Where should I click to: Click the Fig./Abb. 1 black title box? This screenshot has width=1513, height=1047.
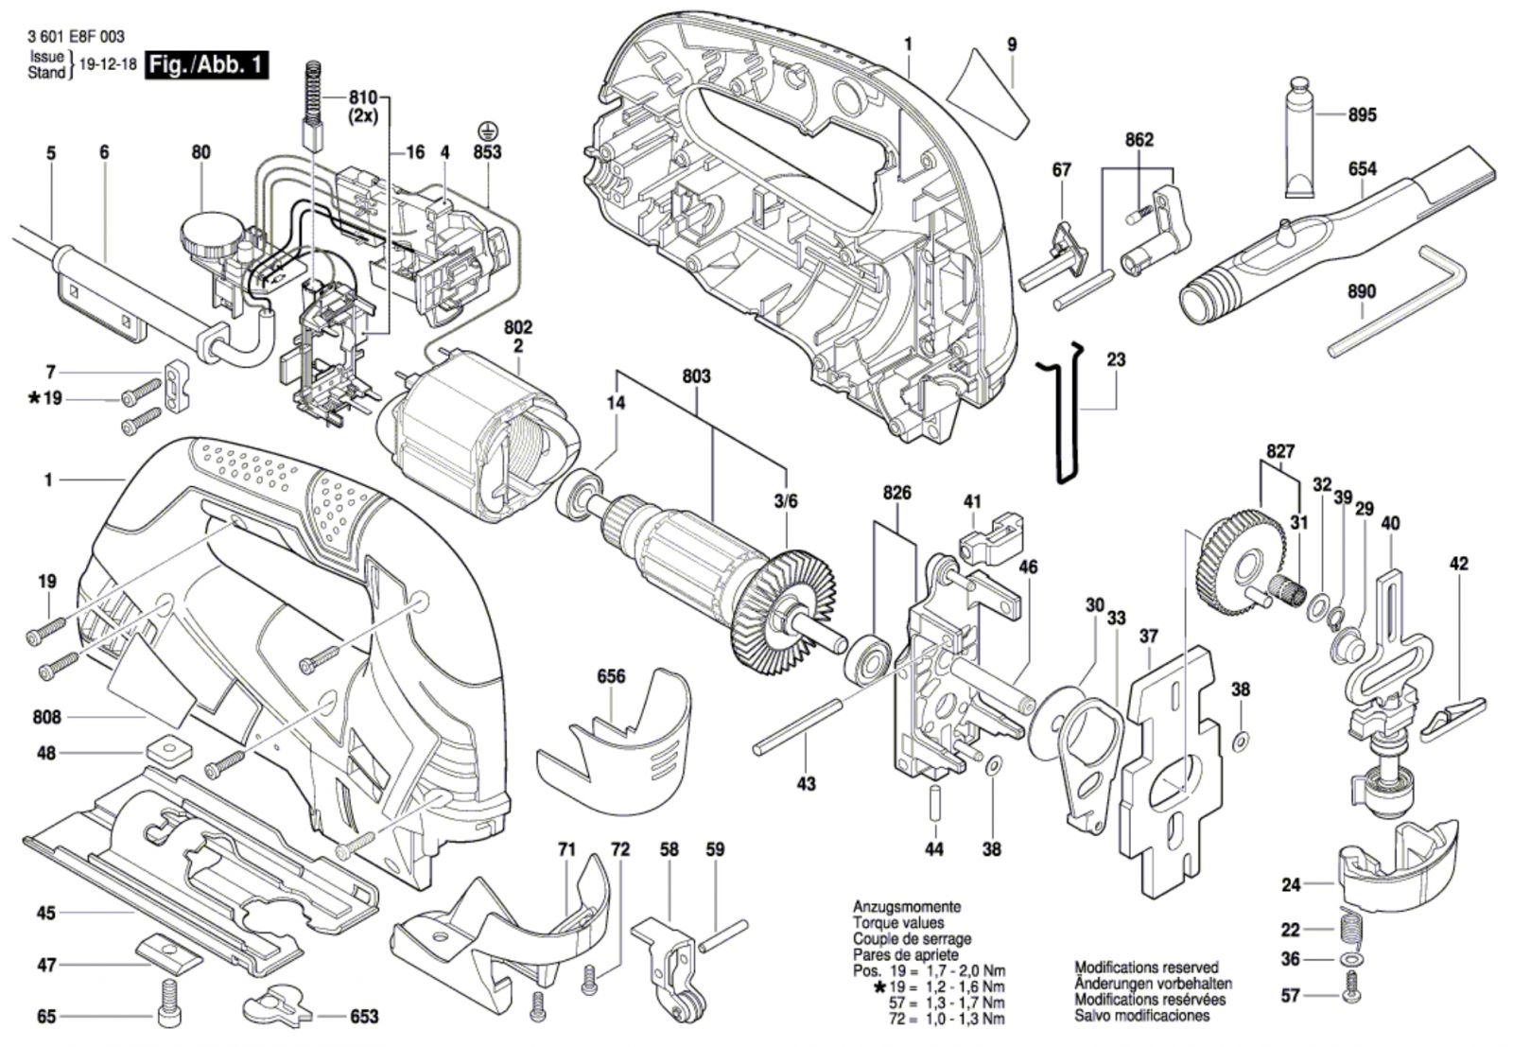[207, 65]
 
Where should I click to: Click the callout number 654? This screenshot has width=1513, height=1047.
[1362, 168]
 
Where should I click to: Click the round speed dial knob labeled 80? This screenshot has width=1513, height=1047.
[210, 239]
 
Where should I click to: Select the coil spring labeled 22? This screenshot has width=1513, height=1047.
[1349, 929]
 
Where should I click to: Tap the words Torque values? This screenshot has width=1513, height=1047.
[897, 922]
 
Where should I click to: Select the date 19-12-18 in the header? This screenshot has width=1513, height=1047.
[108, 65]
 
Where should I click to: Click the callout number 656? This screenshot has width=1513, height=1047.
[611, 676]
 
